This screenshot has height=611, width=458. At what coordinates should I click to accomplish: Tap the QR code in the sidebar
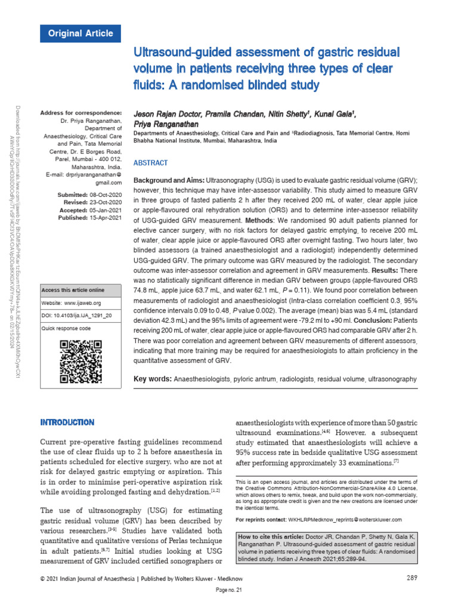tap(81, 362)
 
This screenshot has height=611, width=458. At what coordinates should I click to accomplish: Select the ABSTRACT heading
tap(150, 163)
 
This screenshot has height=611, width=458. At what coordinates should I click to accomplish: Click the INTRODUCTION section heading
tap(67, 422)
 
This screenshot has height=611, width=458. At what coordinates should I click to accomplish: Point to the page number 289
tap(411, 578)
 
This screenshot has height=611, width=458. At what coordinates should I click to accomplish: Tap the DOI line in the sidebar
tap(77, 315)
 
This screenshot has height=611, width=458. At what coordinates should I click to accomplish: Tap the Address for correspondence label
tap(81, 113)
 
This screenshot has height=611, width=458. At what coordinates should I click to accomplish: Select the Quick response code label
tap(66, 328)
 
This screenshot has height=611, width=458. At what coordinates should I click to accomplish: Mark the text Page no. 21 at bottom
tap(229, 590)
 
